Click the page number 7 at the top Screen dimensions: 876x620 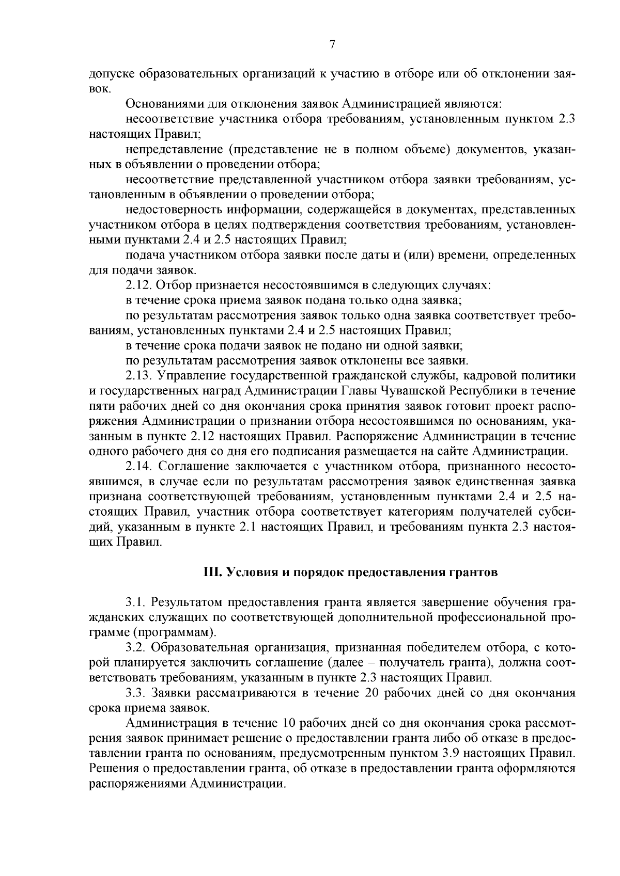tap(332, 45)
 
